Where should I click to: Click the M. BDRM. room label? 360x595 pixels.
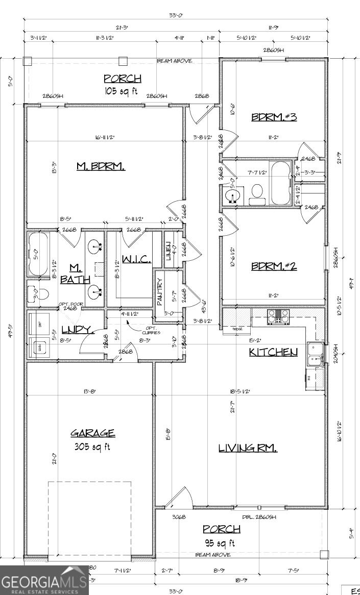[101, 166]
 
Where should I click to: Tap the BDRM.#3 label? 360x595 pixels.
[274, 117]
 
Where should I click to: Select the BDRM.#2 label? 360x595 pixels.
[274, 266]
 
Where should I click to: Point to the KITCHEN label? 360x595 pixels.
[273, 352]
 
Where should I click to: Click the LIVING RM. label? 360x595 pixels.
[248, 448]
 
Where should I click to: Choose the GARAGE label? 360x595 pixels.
[92, 433]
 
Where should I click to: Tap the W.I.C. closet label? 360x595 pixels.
[136, 260]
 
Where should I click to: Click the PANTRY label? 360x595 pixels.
[159, 291]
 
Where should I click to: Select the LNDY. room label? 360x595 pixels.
[77, 330]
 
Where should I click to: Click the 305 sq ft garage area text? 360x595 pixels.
[92, 447]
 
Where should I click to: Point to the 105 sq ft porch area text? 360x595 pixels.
[122, 91]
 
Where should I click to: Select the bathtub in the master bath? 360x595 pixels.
[38, 254]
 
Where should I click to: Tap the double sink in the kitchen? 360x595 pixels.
[315, 354]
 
